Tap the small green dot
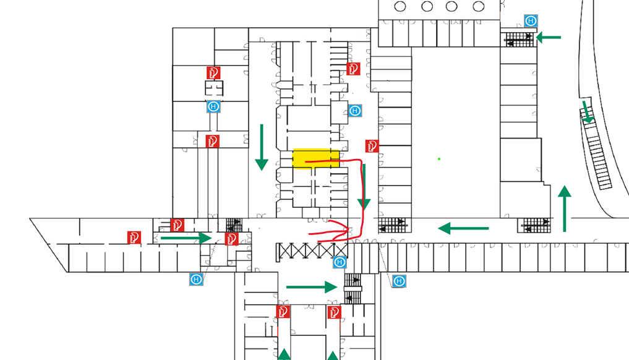439,159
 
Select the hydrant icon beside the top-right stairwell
531,21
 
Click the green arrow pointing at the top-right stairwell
548,38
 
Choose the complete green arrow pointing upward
564,209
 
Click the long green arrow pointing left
463,228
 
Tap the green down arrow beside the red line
364,187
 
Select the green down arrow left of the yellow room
262,147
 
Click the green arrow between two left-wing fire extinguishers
186,237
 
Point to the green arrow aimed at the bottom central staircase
312,287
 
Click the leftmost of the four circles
400,7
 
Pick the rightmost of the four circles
478,7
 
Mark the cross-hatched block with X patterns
314,250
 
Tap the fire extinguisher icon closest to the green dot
372,146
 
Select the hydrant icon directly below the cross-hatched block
340,262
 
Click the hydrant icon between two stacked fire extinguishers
213,106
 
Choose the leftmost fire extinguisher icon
134,237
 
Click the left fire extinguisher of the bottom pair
283,311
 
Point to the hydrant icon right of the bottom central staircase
399,281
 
